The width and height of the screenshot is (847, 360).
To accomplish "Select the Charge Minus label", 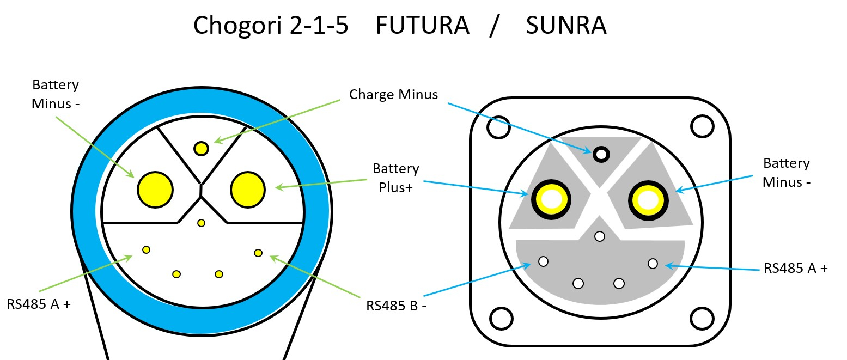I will pyautogui.click(x=393, y=94).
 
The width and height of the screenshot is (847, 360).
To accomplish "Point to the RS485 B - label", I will pyautogui.click(x=396, y=306).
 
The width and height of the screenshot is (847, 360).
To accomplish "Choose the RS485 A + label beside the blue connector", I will pyautogui.click(x=39, y=303).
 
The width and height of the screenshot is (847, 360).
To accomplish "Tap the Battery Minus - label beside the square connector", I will pyautogui.click(x=787, y=172).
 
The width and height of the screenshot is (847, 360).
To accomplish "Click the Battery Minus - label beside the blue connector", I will pyautogui.click(x=56, y=94).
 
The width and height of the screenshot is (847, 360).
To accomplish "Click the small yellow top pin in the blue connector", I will pyautogui.click(x=202, y=148).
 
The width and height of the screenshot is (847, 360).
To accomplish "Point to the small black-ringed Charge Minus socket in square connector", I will pyautogui.click(x=601, y=154).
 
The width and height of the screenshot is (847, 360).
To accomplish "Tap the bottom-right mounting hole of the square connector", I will pyautogui.click(x=702, y=318).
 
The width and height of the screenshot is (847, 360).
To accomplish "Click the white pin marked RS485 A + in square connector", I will pyautogui.click(x=653, y=264).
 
